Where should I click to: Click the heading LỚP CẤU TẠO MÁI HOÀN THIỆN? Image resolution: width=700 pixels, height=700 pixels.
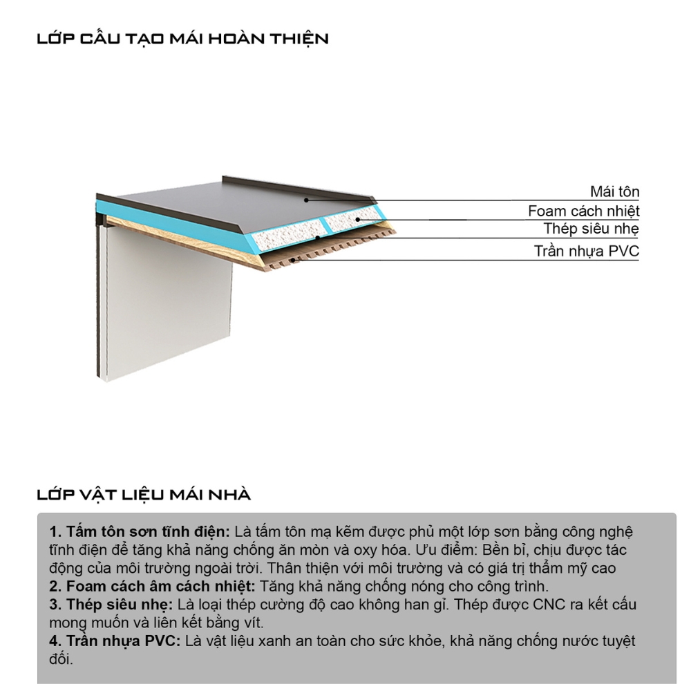click(182, 39)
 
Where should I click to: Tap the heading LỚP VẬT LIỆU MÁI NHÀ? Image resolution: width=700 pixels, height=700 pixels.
click(144, 495)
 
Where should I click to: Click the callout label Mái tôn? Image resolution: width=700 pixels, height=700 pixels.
click(614, 191)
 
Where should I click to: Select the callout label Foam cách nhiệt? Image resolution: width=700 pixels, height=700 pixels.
click(583, 211)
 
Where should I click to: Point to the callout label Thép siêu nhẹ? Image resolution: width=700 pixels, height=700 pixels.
click(591, 229)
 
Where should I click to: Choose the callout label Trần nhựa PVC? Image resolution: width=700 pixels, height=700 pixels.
click(586, 251)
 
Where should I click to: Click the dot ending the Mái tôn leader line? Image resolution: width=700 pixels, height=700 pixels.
click(305, 200)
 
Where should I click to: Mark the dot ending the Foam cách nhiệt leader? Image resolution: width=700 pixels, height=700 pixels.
click(357, 219)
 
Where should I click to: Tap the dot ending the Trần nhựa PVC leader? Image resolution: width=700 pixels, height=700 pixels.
click(294, 261)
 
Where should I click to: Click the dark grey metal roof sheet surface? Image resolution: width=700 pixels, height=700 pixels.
click(228, 200)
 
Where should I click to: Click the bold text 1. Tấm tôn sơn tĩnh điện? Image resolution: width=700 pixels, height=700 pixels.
click(140, 532)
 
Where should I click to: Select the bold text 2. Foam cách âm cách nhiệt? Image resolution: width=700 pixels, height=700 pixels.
click(153, 586)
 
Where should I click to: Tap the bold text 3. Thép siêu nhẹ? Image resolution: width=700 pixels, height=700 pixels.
click(111, 605)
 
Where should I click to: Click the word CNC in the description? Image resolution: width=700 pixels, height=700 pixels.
click(549, 605)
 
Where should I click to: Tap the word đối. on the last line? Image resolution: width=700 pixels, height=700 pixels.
click(61, 659)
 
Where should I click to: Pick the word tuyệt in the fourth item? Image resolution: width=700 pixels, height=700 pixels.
click(615, 641)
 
